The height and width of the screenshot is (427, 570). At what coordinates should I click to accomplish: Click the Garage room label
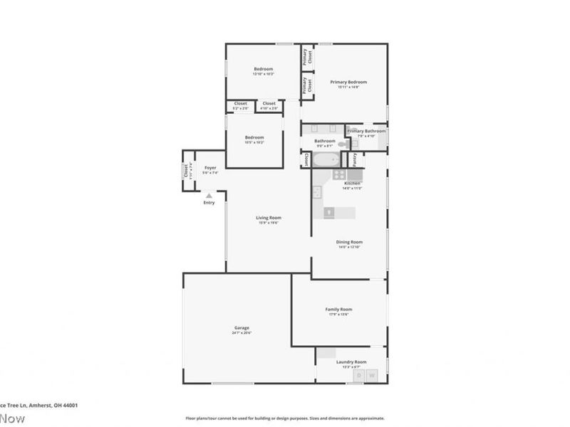click(242, 328)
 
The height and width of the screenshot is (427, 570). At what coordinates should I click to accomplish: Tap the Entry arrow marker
click(208, 194)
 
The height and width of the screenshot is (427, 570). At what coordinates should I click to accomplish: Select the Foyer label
click(209, 168)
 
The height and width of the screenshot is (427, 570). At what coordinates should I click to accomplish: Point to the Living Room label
click(269, 218)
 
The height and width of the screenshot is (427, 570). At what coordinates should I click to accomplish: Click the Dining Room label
click(350, 242)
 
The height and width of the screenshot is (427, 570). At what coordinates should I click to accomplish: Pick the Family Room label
click(338, 310)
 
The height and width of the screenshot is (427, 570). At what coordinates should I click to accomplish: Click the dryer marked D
click(360, 375)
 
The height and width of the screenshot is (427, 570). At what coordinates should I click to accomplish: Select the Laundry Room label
click(351, 362)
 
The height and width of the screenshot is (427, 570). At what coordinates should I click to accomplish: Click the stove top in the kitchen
click(339, 174)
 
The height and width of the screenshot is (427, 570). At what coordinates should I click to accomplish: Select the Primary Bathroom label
click(366, 132)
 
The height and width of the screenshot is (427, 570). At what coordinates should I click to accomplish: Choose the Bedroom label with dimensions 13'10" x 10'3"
click(264, 69)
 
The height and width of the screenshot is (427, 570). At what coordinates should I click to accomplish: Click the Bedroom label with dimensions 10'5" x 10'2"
click(254, 137)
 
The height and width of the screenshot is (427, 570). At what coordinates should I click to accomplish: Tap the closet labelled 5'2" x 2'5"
click(241, 104)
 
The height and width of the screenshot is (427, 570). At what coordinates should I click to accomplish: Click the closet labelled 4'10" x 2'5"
click(269, 104)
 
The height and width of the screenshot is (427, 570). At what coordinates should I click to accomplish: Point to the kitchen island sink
click(330, 211)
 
